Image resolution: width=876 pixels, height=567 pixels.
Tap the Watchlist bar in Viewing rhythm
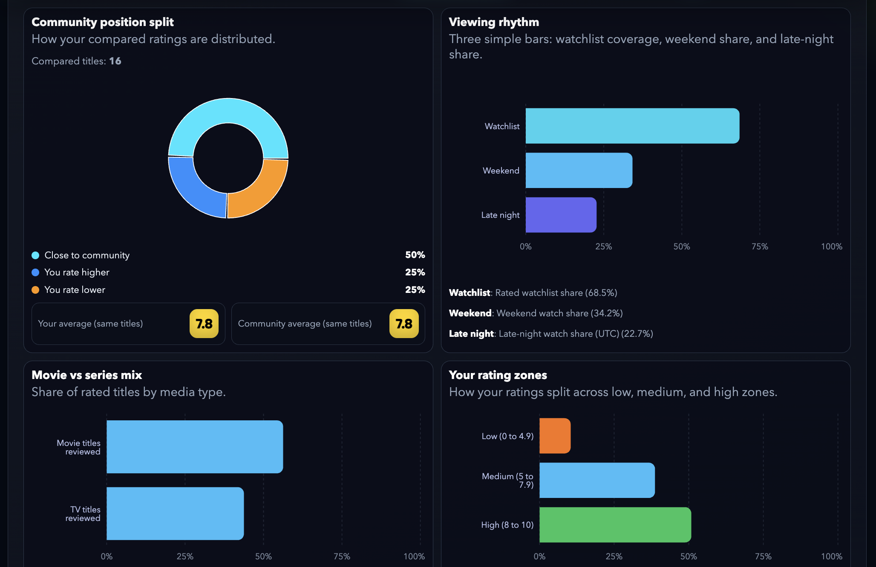(632, 126)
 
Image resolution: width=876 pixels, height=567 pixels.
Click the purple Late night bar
(561, 215)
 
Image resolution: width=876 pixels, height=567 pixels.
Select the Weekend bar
(579, 171)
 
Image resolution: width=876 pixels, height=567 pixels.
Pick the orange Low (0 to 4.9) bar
(554, 436)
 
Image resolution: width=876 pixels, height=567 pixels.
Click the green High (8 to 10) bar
(615, 525)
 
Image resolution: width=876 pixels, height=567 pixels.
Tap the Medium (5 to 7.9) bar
(596, 480)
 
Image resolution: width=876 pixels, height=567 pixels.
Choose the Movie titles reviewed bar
(194, 447)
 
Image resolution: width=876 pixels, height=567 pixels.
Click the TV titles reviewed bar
(175, 514)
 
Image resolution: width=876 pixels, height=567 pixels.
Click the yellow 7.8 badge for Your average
(204, 324)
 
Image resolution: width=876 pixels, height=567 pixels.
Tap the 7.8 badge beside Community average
(404, 324)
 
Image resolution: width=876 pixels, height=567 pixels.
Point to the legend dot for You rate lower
(35, 290)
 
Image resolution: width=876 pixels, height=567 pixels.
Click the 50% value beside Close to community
(415, 255)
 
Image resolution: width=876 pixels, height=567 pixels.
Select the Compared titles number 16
(115, 61)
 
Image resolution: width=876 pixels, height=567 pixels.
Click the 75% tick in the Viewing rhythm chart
(760, 246)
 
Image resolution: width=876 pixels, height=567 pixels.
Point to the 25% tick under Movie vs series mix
(185, 556)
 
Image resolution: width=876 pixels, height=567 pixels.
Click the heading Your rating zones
(498, 375)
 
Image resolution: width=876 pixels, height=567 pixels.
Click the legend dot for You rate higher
(35, 272)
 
